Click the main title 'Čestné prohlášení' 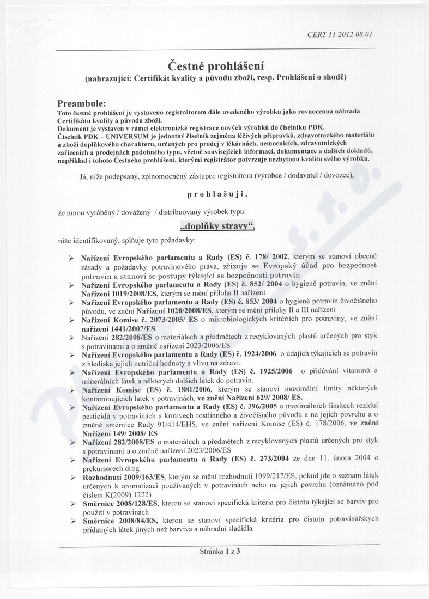(x=215, y=66)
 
